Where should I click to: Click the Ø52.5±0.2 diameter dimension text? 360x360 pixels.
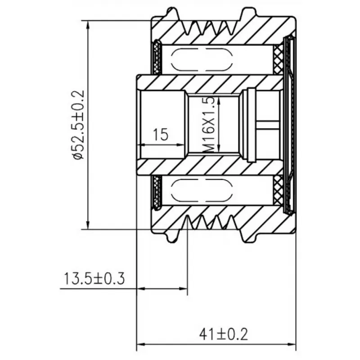78,125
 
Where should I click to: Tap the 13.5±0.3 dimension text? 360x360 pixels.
94,279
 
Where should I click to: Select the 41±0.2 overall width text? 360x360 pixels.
224,334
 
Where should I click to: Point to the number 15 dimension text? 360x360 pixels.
161,134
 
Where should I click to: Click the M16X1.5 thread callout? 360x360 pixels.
209,125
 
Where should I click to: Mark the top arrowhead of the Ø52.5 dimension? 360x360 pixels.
87,25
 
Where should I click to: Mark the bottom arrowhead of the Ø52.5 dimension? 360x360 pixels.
87,225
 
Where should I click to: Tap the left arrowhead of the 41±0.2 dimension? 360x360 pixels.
141,344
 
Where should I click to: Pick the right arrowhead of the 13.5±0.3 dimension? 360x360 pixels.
183,288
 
